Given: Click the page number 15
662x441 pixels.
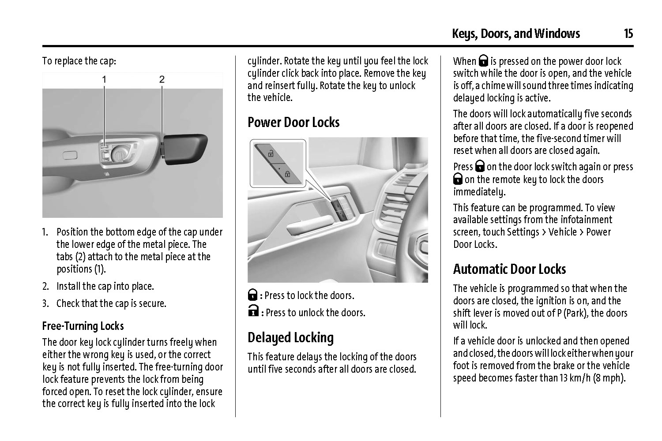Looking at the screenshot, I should [x=628, y=34].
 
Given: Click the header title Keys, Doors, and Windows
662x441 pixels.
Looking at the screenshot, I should [x=515, y=34].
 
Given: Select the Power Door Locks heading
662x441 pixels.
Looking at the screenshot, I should [x=293, y=122].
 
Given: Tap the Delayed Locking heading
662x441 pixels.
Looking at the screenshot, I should [x=290, y=337].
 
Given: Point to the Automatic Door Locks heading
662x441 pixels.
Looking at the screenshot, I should [x=509, y=269].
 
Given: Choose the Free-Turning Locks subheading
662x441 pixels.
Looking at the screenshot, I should [x=83, y=326].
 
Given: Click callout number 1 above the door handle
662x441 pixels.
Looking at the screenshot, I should [x=105, y=79].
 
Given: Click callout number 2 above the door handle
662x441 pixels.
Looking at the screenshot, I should [x=162, y=79].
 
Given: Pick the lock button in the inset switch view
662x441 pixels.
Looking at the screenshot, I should [x=286, y=173].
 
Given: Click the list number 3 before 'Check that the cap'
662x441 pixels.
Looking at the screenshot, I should [x=45, y=303].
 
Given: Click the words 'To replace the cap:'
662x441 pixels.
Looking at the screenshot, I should [x=79, y=61].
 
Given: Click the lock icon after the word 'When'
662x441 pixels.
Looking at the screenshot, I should [x=484, y=61].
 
